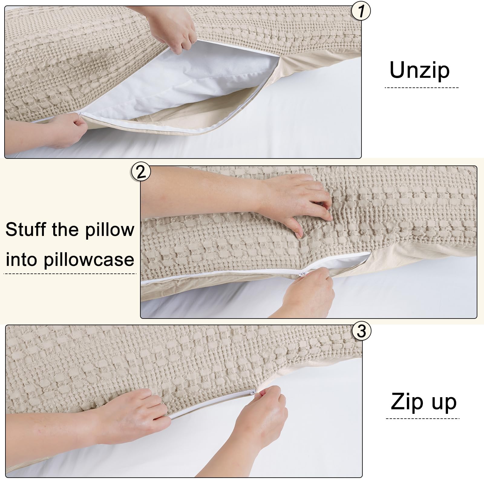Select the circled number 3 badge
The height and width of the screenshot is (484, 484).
(x=361, y=331)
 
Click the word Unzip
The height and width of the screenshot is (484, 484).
(x=420, y=70)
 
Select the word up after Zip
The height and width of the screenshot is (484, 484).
(x=443, y=403)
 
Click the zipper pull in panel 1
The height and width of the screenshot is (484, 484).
(x=80, y=113)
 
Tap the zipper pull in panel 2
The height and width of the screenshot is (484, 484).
(x=302, y=273)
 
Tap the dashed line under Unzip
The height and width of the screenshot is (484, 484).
(x=422, y=88)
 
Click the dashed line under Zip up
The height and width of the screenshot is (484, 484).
(x=423, y=419)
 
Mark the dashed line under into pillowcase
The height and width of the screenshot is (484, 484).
(x=70, y=274)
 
